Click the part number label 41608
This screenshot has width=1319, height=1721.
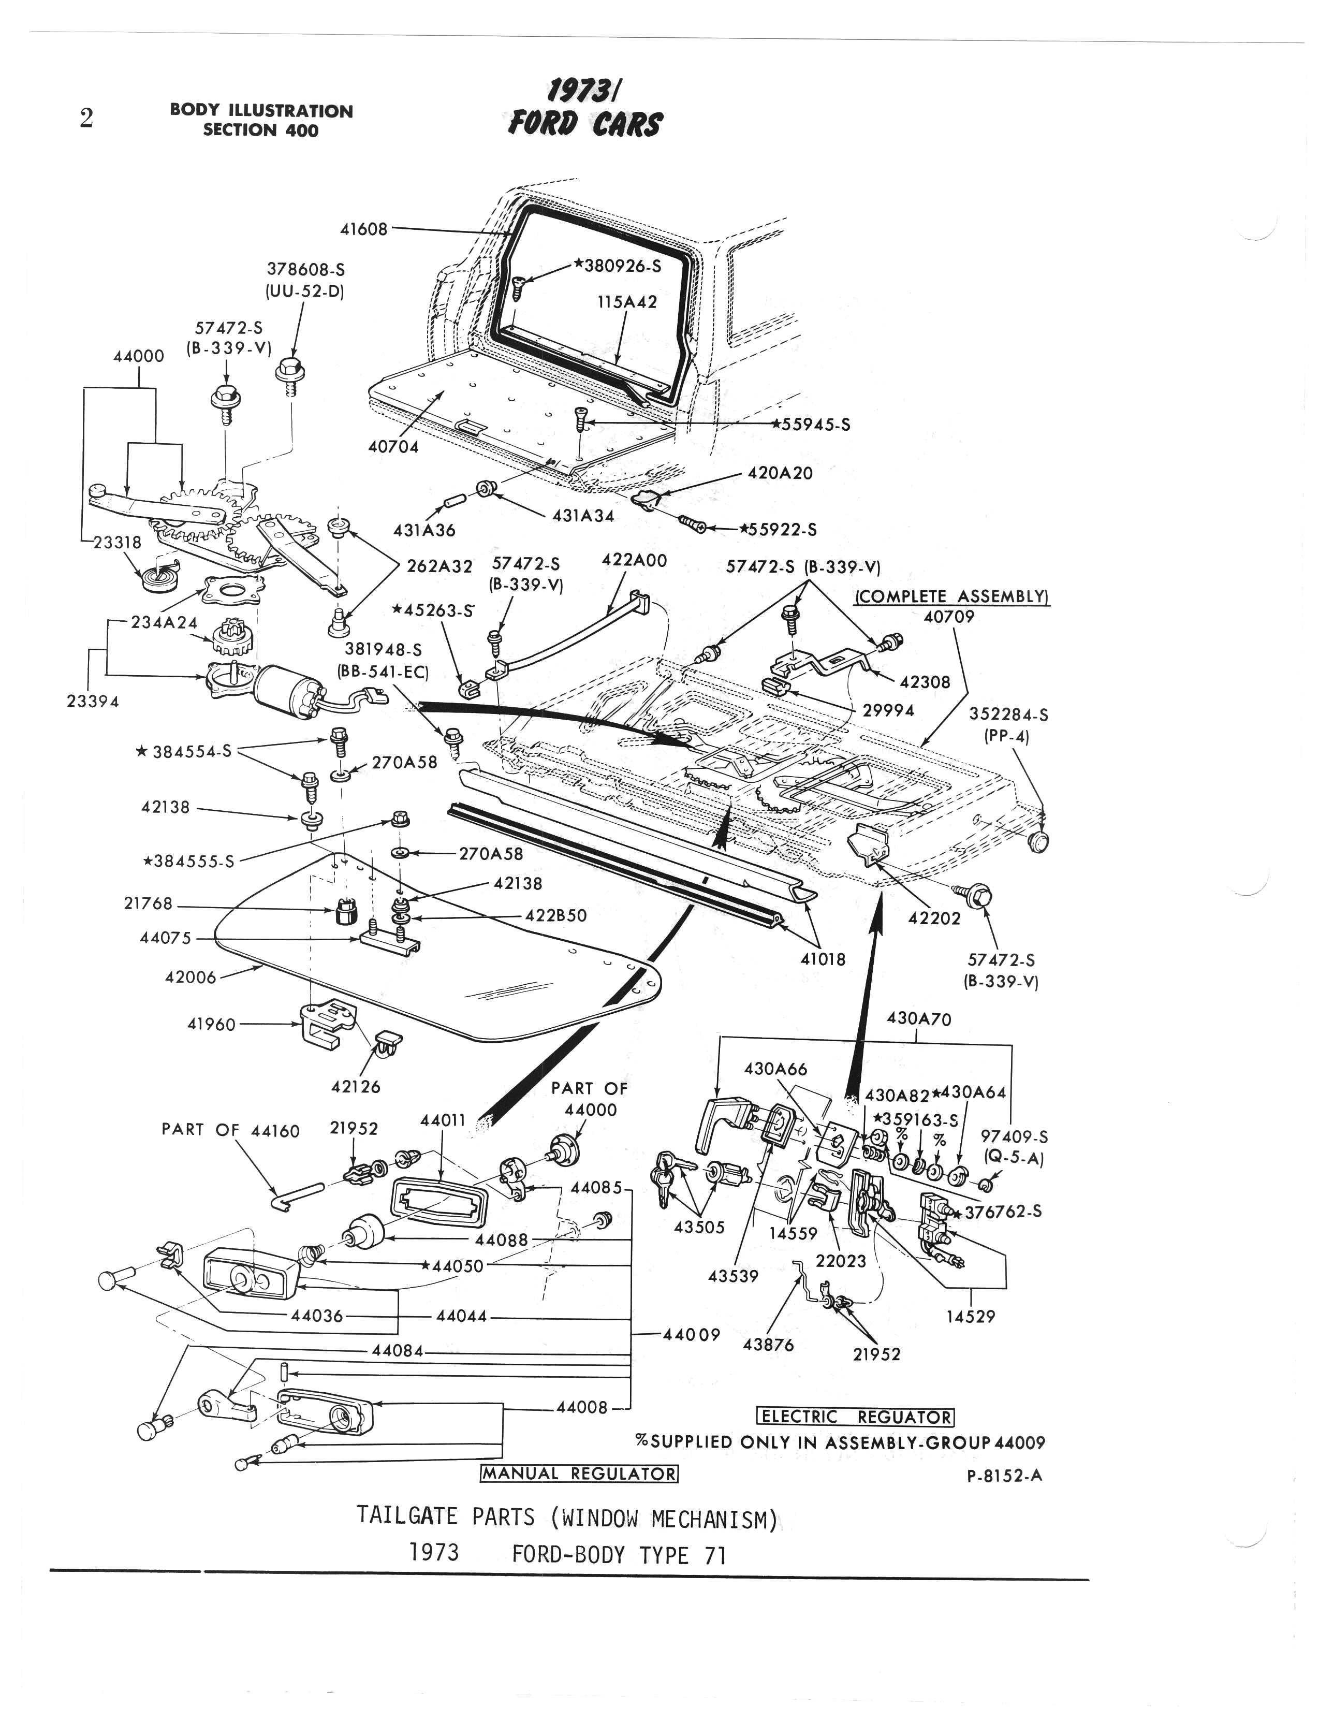click(x=363, y=229)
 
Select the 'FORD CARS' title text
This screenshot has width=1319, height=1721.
click(x=585, y=123)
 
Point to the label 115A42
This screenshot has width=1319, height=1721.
click(x=627, y=302)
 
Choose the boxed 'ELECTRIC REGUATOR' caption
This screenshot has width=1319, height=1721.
click(x=855, y=1417)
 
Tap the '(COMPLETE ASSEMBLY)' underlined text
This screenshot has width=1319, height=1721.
click(x=951, y=596)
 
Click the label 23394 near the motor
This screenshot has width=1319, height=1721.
click(x=93, y=702)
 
